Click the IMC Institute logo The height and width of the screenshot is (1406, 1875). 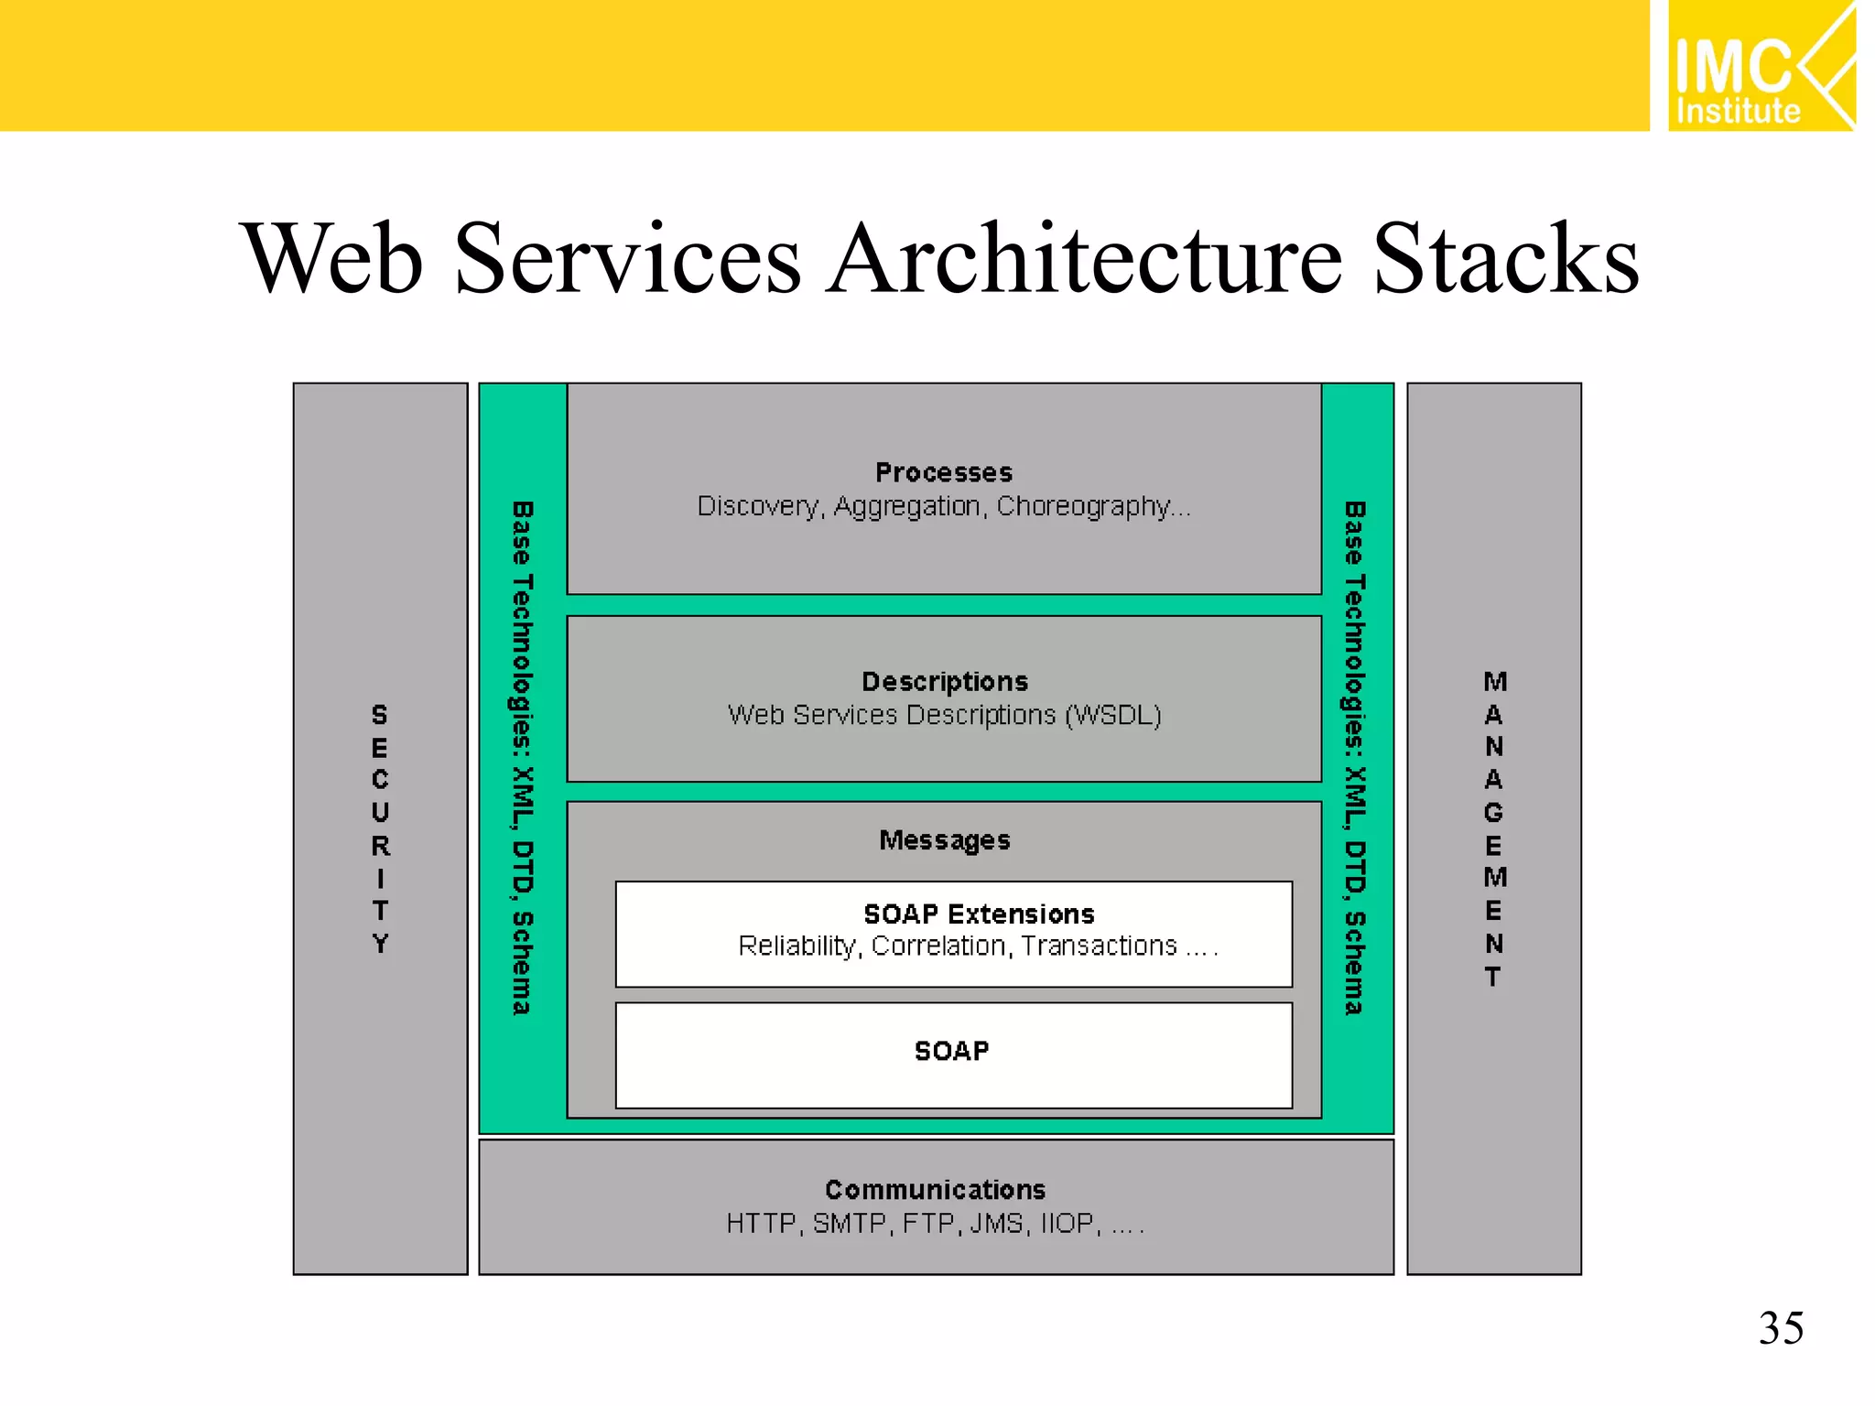(x=1760, y=66)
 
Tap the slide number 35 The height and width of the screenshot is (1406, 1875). (x=1781, y=1327)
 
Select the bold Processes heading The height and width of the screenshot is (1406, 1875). (x=944, y=472)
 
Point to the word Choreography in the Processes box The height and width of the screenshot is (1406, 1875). (x=1085, y=506)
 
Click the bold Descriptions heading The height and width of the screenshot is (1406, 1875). (x=945, y=681)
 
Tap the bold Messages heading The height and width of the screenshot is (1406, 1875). (x=945, y=840)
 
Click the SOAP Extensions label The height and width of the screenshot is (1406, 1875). (x=979, y=914)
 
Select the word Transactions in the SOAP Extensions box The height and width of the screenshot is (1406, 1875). (x=1099, y=946)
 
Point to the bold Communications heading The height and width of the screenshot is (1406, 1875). (x=935, y=1189)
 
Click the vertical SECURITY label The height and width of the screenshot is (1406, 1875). (x=380, y=828)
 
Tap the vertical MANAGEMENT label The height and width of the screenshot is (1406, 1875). (x=1494, y=828)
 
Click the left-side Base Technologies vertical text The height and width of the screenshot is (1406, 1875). (x=522, y=758)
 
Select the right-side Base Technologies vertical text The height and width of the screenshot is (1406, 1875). (x=1354, y=758)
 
